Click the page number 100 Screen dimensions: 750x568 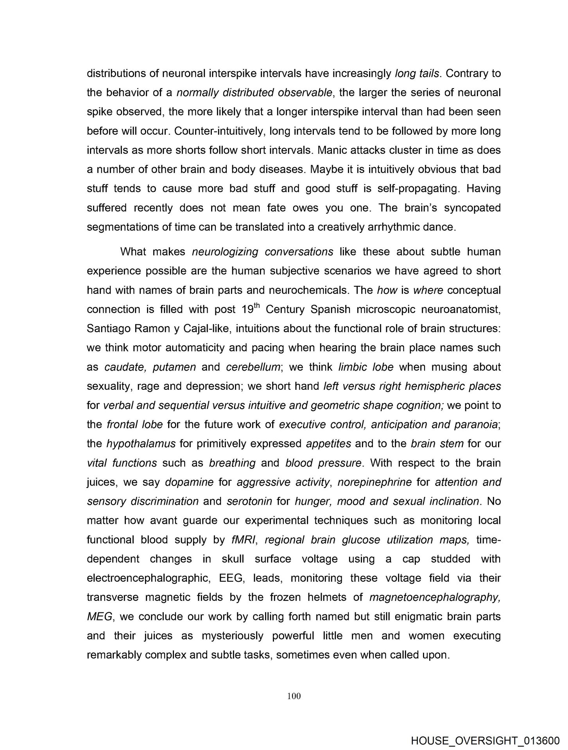[x=294, y=696]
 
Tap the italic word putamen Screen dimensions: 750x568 [x=174, y=367]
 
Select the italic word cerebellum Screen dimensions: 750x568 [x=253, y=367]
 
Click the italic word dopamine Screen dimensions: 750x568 [x=189, y=482]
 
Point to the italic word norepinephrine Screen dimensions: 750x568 [x=374, y=482]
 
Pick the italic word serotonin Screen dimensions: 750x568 [x=249, y=502]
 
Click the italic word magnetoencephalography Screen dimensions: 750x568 [x=434, y=598]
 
